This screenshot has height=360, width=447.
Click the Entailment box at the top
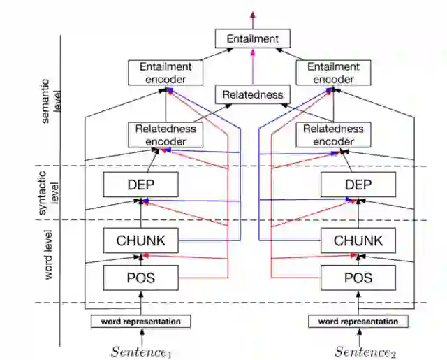pos(251,39)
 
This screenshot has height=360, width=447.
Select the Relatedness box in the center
pos(252,94)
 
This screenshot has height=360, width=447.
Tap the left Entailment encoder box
pos(166,73)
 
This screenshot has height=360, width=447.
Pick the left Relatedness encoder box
pos(166,135)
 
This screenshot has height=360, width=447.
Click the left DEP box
pos(141,184)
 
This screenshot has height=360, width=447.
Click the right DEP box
pos(358,184)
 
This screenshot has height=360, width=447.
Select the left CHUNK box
pos(141,240)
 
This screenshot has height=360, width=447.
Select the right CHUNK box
pos(358,240)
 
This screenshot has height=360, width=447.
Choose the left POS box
pos(141,278)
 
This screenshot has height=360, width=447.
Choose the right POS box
pos(358,278)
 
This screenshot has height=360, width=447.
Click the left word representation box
pos(141,322)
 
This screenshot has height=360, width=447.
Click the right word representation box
pos(358,322)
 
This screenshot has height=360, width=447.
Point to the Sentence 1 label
pos(141,351)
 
